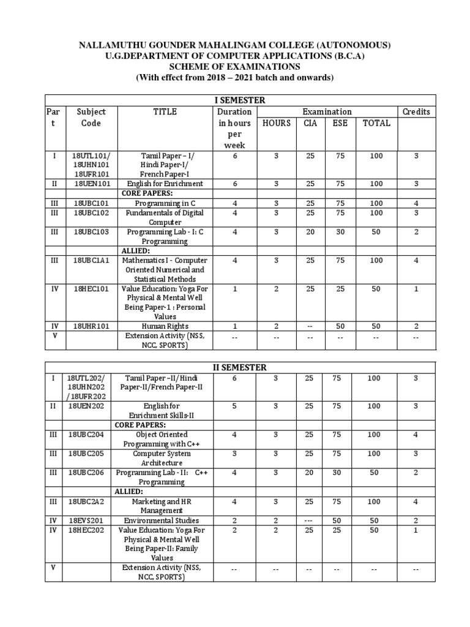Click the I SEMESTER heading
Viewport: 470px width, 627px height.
click(239, 100)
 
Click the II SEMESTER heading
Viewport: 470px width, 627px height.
click(239, 367)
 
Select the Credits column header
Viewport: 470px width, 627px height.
click(416, 112)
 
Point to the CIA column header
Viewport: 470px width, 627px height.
click(311, 123)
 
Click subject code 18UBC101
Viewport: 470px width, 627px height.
click(91, 203)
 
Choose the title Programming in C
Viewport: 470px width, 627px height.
click(165, 203)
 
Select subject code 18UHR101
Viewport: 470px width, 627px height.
click(91, 326)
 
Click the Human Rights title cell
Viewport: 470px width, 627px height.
click(165, 326)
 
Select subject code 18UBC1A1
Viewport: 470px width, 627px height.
click(91, 260)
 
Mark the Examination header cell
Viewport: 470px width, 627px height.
click(327, 112)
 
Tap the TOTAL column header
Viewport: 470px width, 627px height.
click(376, 123)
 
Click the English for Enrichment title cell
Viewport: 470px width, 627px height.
click(165, 184)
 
